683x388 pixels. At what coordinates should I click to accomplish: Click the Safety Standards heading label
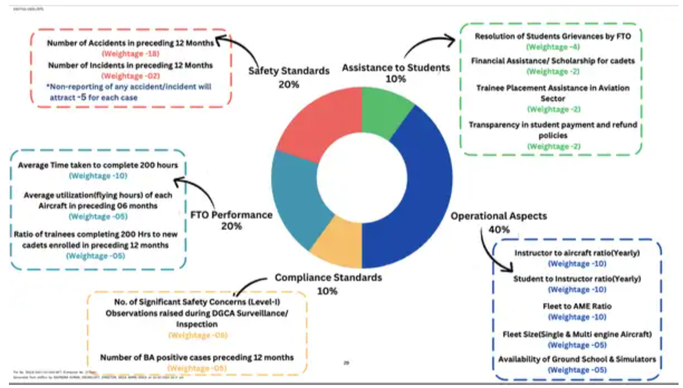point(289,71)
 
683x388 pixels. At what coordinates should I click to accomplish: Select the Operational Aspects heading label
point(498,216)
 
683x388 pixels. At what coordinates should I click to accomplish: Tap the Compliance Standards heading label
point(328,277)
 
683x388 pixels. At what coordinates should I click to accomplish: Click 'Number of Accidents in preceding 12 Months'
point(130,43)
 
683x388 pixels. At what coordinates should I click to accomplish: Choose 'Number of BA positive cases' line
point(196,357)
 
